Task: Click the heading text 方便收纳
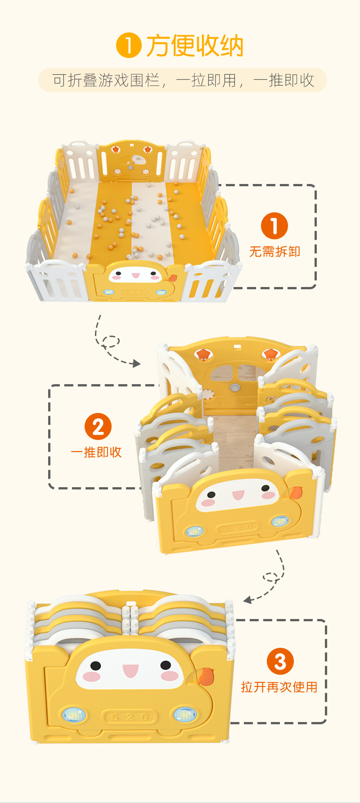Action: (194, 46)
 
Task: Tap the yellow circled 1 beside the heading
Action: (129, 46)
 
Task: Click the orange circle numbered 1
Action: (274, 226)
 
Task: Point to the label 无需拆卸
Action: (274, 251)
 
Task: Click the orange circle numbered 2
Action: (98, 426)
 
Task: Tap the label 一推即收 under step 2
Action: (96, 452)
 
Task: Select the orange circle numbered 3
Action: (280, 661)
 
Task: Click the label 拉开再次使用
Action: (279, 687)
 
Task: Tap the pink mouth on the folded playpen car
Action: (130, 671)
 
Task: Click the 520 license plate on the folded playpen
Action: (130, 717)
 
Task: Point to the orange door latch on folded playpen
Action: (206, 676)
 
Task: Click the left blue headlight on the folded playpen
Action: (74, 714)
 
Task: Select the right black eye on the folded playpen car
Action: (166, 665)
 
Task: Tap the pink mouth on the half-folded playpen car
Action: (238, 496)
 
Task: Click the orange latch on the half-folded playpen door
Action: (296, 493)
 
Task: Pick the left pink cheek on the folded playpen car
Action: (91, 676)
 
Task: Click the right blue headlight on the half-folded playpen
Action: (279, 521)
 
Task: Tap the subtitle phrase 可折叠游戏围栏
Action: (106, 81)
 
